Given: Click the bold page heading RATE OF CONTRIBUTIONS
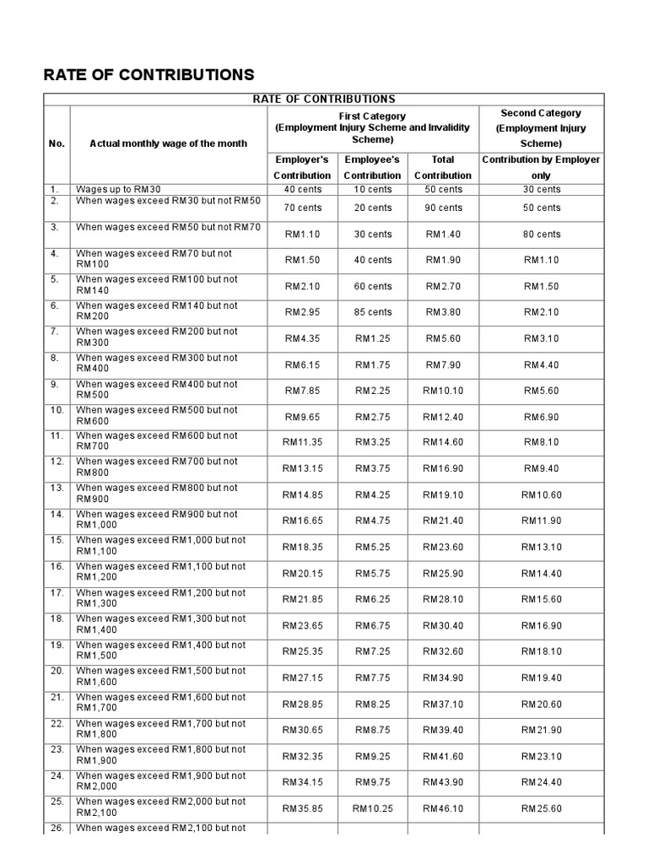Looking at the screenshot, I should pyautogui.click(x=148, y=74).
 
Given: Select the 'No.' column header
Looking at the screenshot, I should pyautogui.click(x=57, y=143).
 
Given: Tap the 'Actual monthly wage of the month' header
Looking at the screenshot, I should pyautogui.click(x=168, y=143).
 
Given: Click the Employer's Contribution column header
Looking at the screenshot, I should pyautogui.click(x=302, y=167).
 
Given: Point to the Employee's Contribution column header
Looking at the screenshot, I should pyautogui.click(x=372, y=167).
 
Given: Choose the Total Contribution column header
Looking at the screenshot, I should pyautogui.click(x=443, y=167).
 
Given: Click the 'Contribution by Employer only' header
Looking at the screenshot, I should pyautogui.click(x=541, y=167).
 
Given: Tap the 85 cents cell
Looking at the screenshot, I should pyautogui.click(x=372, y=312).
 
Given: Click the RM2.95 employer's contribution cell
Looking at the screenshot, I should pyautogui.click(x=302, y=312).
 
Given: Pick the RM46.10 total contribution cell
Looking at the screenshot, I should pyautogui.click(x=443, y=808).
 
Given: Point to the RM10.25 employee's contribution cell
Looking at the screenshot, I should pyautogui.click(x=372, y=808).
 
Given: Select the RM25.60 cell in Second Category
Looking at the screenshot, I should pyautogui.click(x=541, y=808).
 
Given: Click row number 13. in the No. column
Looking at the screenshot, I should pyautogui.click(x=57, y=488).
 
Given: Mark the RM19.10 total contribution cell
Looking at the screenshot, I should pyautogui.click(x=443, y=495).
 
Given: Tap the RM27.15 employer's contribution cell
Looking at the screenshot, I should pyautogui.click(x=302, y=678).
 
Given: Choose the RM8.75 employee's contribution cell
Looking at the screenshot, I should pyautogui.click(x=372, y=730).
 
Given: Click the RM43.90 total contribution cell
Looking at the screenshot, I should pyautogui.click(x=443, y=782).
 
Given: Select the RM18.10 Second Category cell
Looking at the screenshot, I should pyautogui.click(x=541, y=652).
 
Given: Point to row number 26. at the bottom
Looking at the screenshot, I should pyautogui.click(x=57, y=828).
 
